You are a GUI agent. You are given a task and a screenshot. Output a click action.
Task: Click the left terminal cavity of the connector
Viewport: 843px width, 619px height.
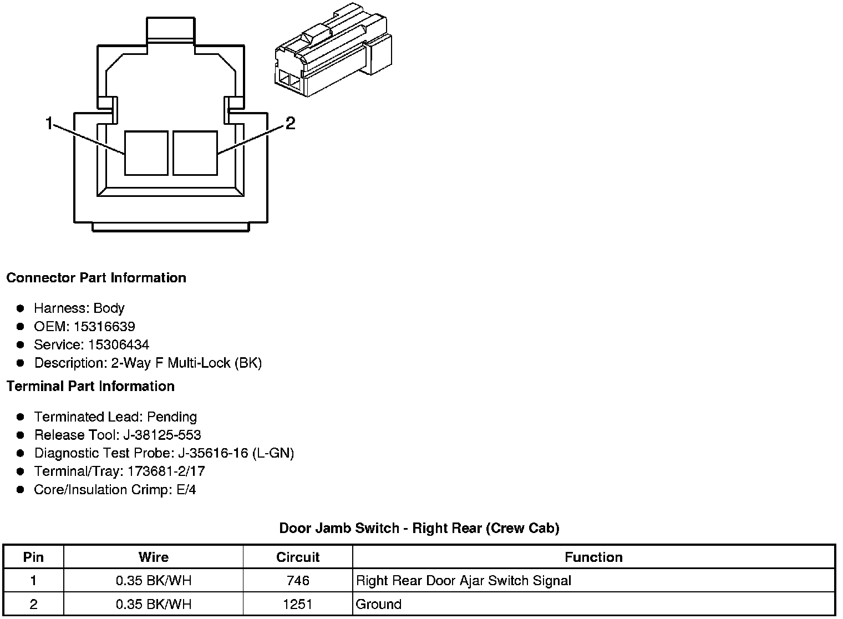[146, 153]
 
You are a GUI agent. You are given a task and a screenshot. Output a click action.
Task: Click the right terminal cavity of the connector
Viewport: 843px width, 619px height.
[195, 153]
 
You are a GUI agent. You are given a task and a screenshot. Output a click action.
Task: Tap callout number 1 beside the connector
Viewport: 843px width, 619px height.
[49, 123]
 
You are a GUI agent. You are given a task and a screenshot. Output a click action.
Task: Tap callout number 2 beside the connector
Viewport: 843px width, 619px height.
[290, 123]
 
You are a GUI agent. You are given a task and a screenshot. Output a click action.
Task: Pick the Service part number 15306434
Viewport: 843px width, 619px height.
[119, 344]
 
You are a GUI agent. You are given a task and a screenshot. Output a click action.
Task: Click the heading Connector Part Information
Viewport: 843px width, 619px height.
[96, 277]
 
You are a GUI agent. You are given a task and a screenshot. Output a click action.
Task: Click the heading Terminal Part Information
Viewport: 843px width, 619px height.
[90, 386]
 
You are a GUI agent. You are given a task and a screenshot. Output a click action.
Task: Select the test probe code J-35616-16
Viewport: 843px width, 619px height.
[213, 453]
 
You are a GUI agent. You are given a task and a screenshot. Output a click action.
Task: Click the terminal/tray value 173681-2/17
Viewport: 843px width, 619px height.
[166, 471]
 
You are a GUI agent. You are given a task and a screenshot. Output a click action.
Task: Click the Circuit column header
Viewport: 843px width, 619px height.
[298, 557]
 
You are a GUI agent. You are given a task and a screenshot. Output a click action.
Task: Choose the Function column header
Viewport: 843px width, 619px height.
[593, 557]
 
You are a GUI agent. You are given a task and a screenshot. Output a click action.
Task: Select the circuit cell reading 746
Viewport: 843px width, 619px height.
[298, 581]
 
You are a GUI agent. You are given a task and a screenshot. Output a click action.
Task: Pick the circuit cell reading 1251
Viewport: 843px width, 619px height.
[298, 604]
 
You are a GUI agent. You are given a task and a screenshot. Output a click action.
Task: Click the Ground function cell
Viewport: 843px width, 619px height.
[379, 604]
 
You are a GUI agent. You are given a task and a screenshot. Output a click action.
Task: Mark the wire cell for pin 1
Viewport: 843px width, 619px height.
[154, 581]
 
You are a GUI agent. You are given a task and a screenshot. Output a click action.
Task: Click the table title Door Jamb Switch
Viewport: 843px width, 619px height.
[419, 528]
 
